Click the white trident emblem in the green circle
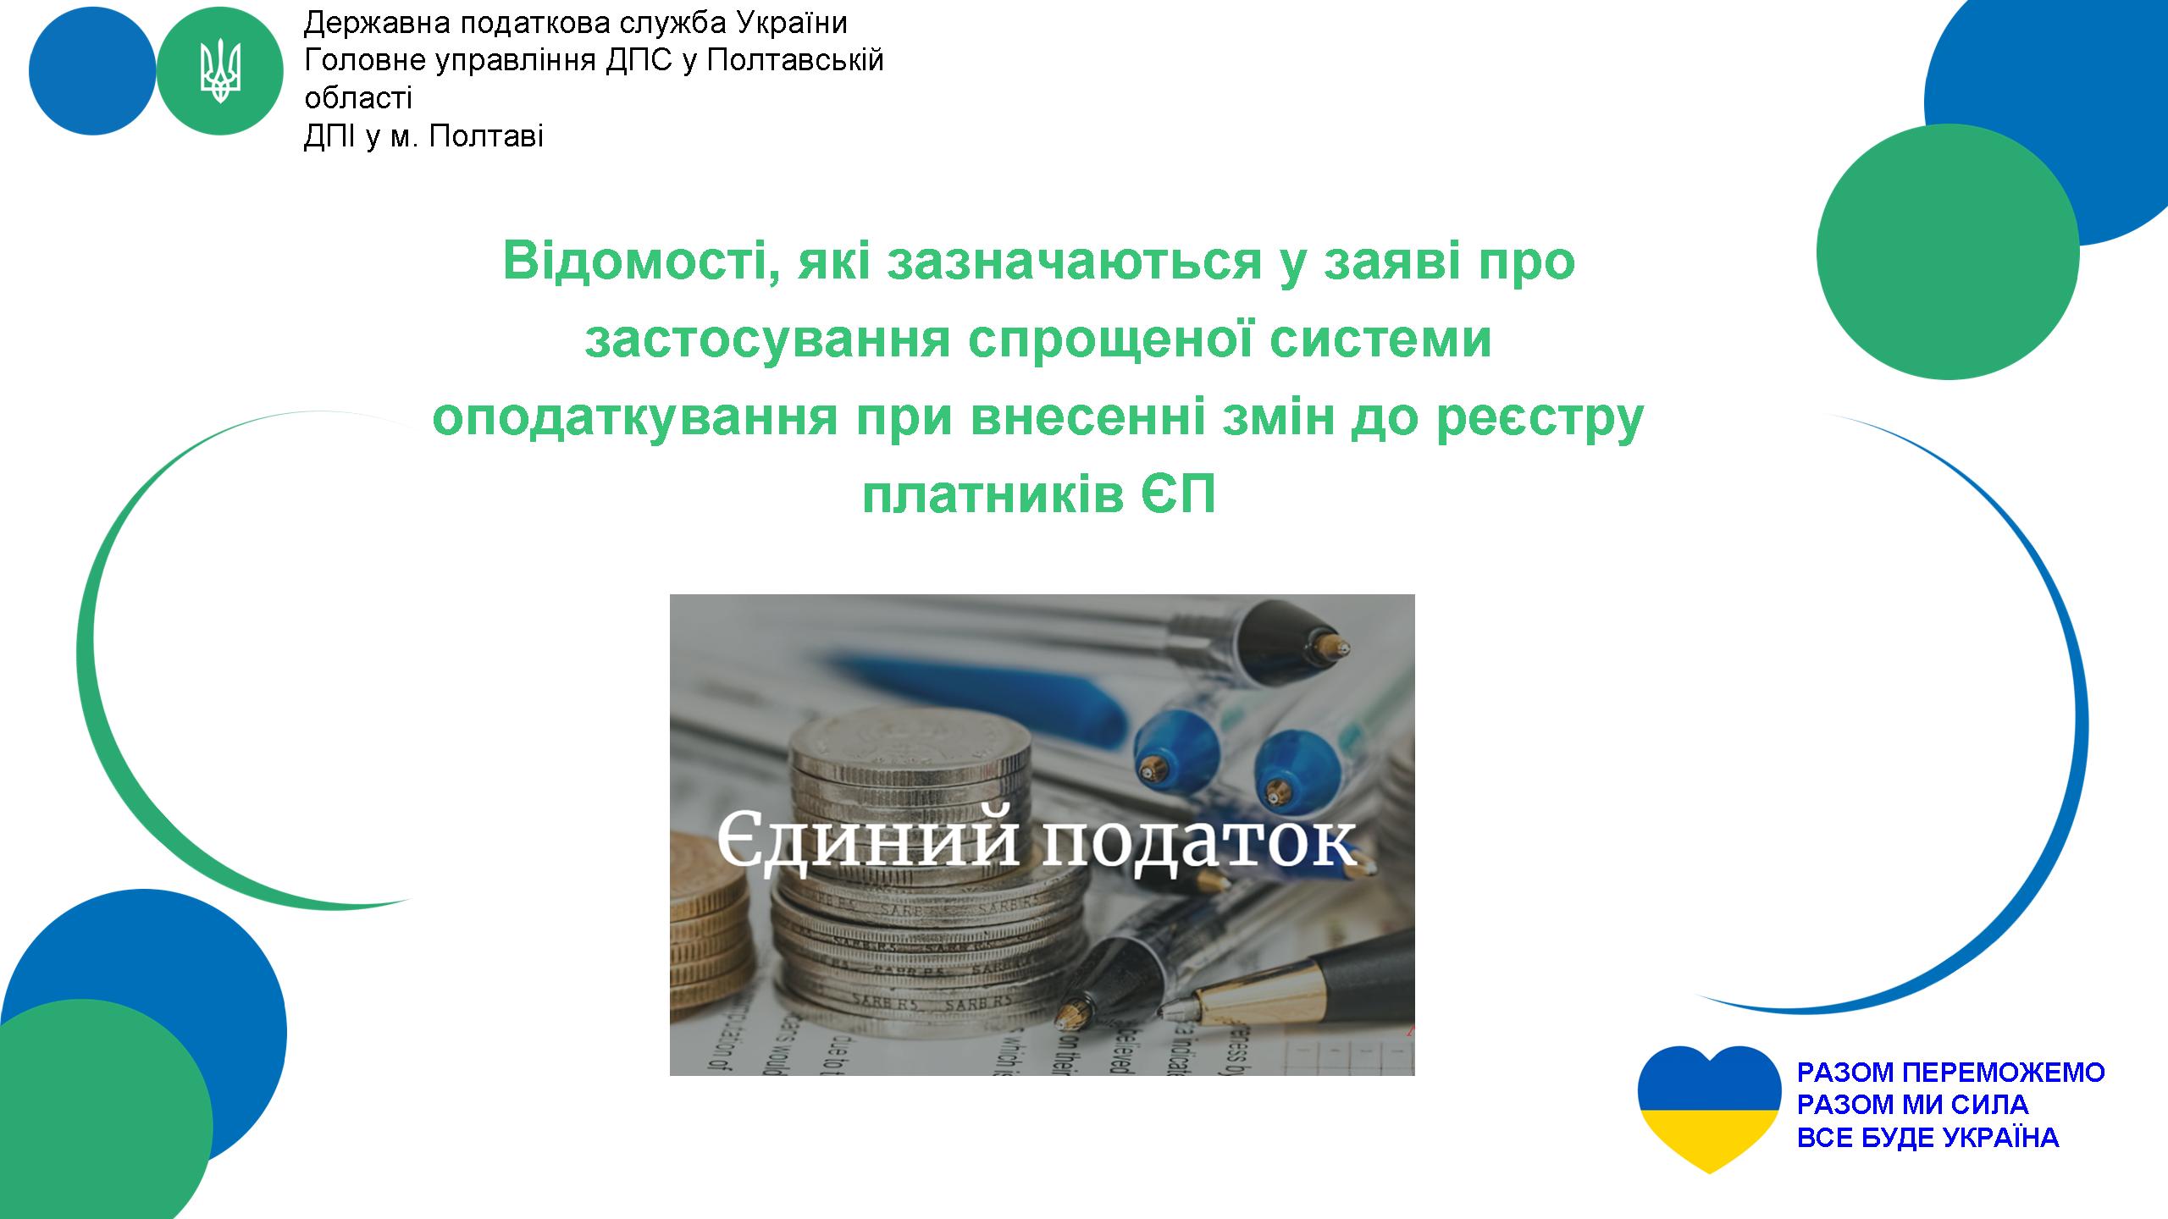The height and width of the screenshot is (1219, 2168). coord(220,72)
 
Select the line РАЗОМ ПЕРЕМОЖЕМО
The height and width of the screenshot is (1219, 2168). coord(1951,1072)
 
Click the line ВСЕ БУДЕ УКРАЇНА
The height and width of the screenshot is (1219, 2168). coord(1927,1137)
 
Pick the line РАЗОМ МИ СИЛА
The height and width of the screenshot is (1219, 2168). coord(1913,1104)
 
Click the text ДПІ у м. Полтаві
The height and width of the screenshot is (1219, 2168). coord(423,136)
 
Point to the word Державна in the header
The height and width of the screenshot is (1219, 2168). coord(378,24)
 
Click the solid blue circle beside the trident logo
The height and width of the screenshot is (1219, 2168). coord(92,71)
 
